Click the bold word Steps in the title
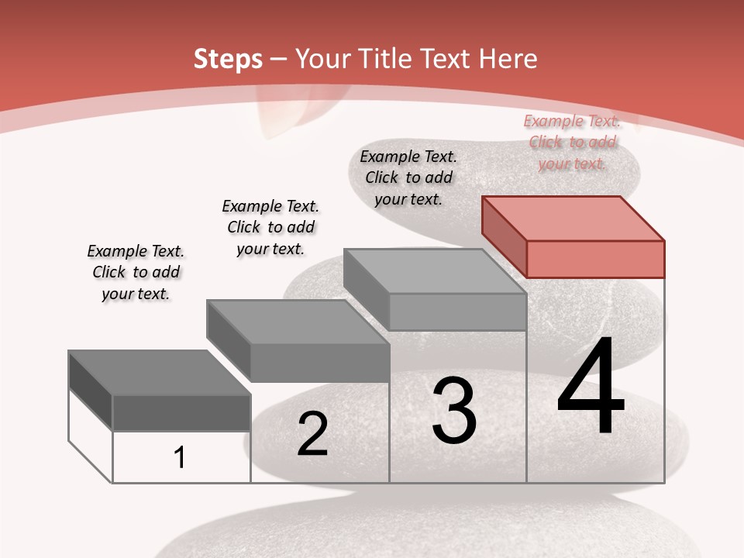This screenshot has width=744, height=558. (228, 59)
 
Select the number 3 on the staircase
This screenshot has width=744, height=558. (453, 411)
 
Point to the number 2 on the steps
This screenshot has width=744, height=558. (312, 435)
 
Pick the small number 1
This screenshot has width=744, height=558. (180, 458)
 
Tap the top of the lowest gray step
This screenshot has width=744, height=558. (160, 373)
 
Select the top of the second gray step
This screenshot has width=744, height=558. (298, 322)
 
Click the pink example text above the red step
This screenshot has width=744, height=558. (572, 143)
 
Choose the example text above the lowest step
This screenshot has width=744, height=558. (136, 273)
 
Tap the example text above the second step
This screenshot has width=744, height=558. (270, 227)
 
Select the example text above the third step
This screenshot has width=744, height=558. (408, 177)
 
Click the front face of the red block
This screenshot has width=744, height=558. (595, 259)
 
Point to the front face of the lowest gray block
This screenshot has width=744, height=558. (181, 412)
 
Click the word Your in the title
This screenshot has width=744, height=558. (323, 59)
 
